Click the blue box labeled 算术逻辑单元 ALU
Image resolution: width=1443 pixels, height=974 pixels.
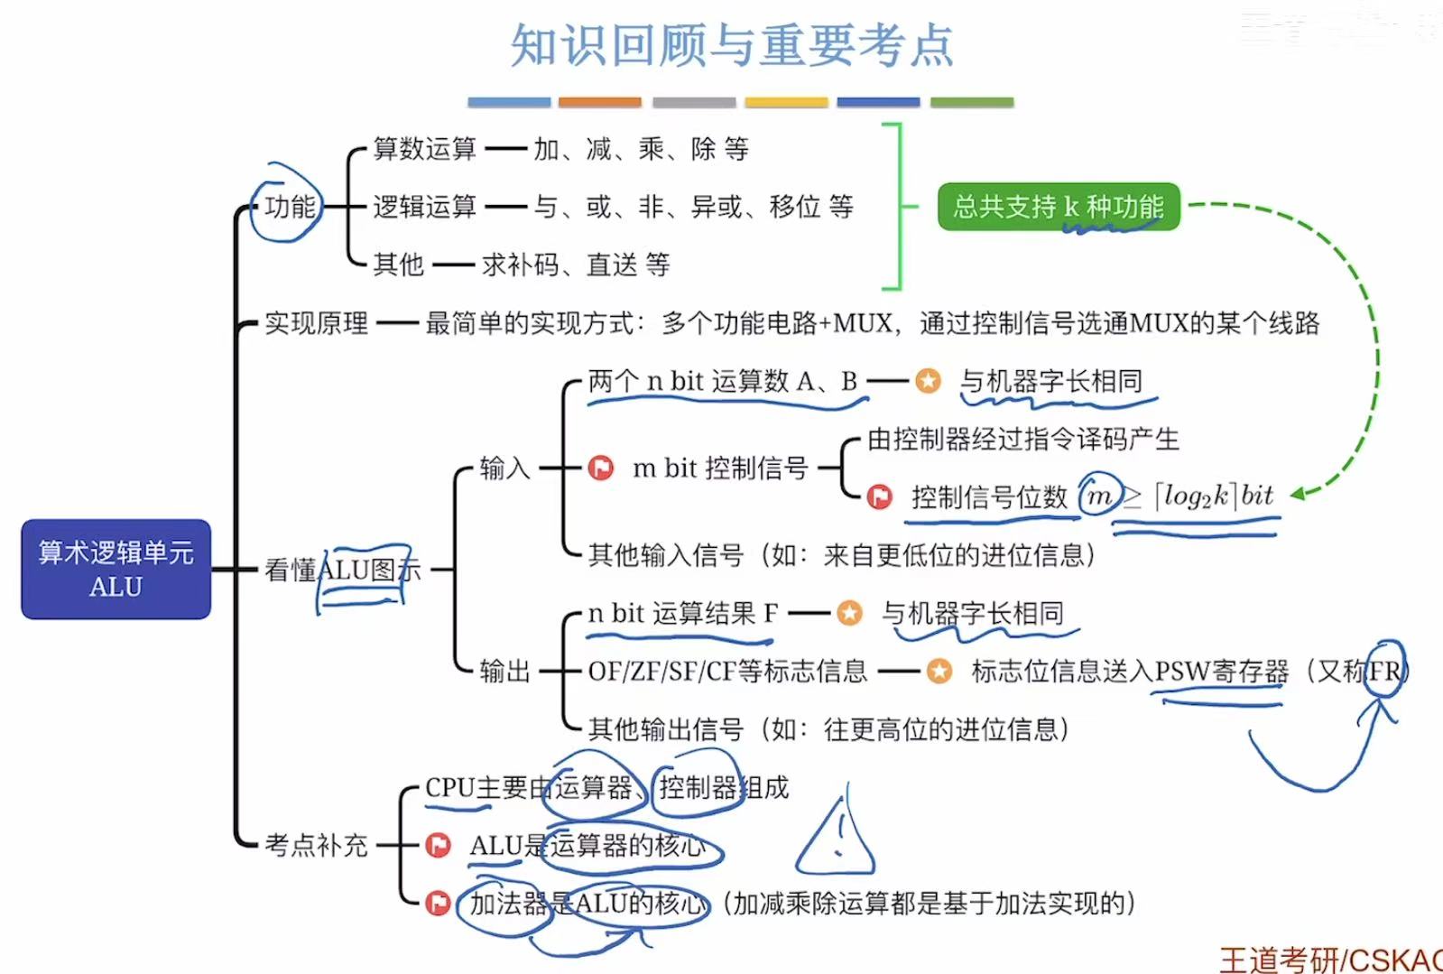[x=116, y=569]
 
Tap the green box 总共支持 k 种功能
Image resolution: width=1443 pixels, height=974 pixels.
[x=1058, y=207]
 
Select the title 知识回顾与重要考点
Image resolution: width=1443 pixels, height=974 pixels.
[x=731, y=45]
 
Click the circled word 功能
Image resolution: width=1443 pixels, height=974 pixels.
[x=289, y=207]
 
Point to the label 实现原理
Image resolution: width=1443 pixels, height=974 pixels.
[x=316, y=323]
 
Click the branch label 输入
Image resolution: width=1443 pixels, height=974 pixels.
[x=504, y=468]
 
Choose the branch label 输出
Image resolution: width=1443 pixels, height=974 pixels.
[x=504, y=671]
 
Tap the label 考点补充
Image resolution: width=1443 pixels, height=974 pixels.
[x=316, y=845]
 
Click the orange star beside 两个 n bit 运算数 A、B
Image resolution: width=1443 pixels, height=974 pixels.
[x=927, y=381]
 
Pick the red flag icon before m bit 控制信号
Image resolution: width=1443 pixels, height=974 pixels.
[x=600, y=468]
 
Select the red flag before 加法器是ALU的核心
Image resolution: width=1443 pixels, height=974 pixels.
[x=438, y=903]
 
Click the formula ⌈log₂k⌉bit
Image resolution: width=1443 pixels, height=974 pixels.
[x=1214, y=496]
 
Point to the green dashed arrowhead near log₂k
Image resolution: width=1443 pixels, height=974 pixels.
[x=1299, y=494]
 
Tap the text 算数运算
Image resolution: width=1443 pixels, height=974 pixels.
[x=424, y=149]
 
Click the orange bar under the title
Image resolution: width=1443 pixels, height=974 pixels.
[x=599, y=102]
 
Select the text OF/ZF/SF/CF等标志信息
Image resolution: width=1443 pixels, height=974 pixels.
[x=727, y=671]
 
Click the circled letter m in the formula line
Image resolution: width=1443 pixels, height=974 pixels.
[x=1099, y=496]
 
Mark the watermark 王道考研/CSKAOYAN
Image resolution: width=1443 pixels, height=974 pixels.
[x=1331, y=960]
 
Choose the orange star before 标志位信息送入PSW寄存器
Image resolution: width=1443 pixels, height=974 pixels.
[x=939, y=671]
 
